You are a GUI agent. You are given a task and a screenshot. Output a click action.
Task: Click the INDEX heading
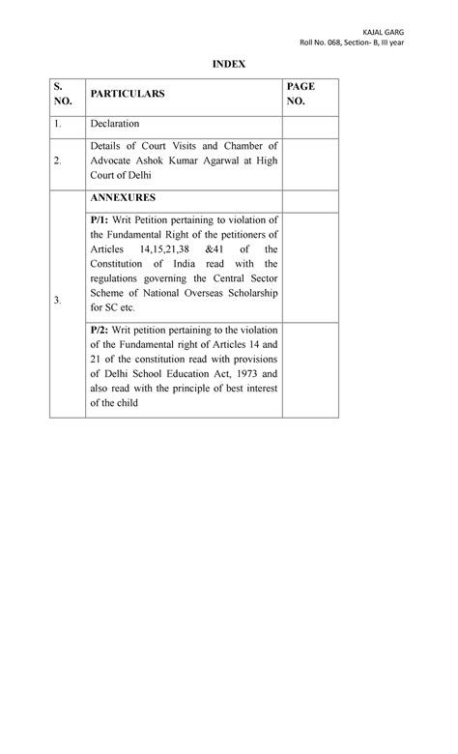[230, 64]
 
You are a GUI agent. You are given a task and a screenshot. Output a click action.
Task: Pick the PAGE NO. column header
[301, 94]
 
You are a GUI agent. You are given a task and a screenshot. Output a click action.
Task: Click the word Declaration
[115, 124]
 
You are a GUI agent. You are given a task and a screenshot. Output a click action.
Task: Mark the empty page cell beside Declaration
[310, 124]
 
